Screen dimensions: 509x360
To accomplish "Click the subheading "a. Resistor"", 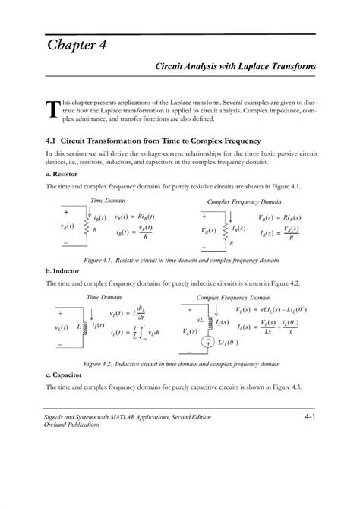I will coord(63,174).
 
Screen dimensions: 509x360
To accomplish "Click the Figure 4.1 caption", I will coord(182,259).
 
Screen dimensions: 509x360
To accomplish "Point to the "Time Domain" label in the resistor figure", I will coord(108,200).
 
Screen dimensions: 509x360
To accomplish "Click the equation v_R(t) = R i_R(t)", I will coord(134,217).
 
